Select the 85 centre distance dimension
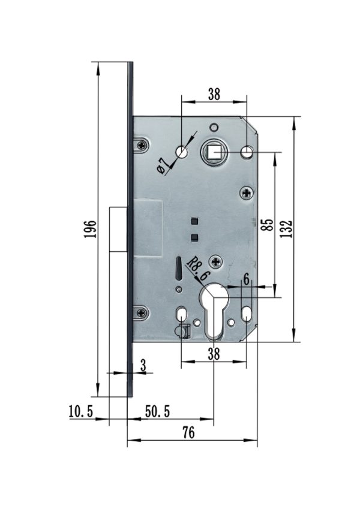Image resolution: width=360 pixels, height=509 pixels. click(268, 225)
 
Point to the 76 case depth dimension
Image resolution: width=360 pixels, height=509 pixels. click(189, 432)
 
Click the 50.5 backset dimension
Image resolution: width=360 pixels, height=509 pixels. click(157, 412)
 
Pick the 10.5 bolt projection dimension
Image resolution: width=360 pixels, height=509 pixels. click(81, 412)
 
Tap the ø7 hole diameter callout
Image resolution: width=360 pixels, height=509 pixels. click(163, 165)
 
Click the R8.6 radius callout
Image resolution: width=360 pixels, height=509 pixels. click(199, 269)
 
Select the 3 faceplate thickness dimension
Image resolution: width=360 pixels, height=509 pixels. click(143, 365)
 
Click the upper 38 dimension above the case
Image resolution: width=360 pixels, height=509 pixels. click(214, 94)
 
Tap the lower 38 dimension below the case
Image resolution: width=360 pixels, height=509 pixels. click(214, 354)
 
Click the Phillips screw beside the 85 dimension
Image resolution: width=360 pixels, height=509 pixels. click(247, 194)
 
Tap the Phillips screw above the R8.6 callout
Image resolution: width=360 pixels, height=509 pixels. click(216, 261)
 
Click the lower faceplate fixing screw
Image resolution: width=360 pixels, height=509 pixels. click(142, 313)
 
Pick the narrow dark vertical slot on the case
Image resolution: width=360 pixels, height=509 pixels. click(178, 268)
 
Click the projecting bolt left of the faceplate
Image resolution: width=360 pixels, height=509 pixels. click(118, 229)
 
